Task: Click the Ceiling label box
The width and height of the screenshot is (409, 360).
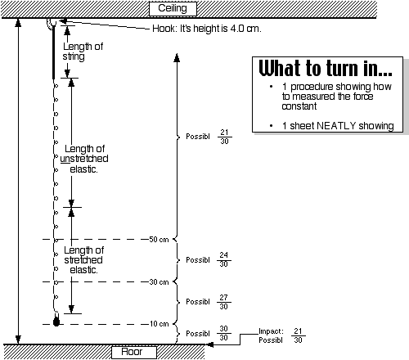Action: point(173,8)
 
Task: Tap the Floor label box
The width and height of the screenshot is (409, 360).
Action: point(134,352)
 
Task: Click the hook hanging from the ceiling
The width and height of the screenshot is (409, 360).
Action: point(52,24)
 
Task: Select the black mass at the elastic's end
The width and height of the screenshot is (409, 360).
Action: point(56,322)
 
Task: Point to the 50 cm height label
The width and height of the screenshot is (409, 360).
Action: point(159,240)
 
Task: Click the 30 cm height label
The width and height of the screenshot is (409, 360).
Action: point(159,281)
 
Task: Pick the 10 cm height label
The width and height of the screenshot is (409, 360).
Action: point(159,324)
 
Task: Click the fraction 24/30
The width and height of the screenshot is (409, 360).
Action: point(224,259)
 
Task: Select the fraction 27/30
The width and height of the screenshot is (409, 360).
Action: point(224,302)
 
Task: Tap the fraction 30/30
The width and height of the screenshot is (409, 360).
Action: point(224,333)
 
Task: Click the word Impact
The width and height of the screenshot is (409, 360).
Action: point(271,331)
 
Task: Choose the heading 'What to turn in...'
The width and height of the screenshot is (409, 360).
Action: point(326,68)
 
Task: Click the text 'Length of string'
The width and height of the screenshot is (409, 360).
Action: point(83,52)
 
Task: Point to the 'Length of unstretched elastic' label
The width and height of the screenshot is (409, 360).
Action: point(84,159)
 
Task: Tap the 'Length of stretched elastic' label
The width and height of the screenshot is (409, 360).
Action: point(83,260)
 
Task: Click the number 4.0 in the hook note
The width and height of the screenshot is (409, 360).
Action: point(237,29)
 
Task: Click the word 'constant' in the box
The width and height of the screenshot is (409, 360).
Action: point(299,106)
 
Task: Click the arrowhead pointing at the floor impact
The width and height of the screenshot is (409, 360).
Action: point(209,344)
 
